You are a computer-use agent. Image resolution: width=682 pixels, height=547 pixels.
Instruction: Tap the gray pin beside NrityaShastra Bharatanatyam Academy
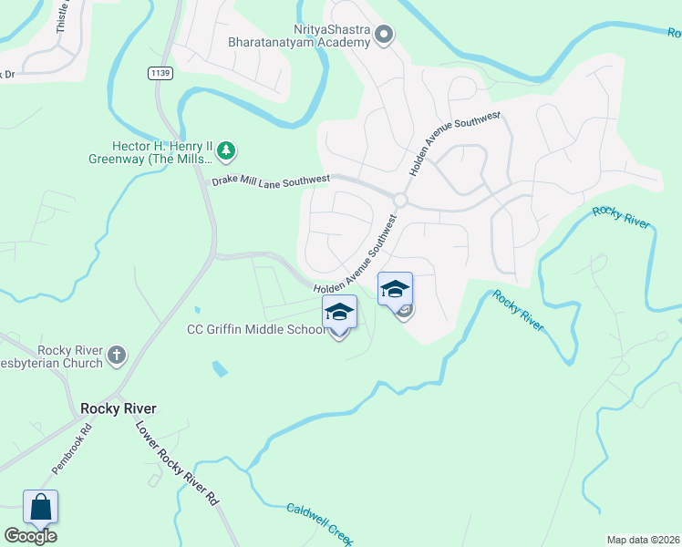tap(384, 36)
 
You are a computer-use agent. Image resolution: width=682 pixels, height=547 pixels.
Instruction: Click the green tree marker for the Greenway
tap(227, 149)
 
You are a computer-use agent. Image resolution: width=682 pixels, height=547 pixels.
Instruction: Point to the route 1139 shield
tap(161, 72)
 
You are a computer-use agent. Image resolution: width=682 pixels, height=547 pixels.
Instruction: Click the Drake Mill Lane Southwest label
tap(270, 181)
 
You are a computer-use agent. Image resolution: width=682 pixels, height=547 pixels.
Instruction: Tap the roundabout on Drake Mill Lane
tap(399, 200)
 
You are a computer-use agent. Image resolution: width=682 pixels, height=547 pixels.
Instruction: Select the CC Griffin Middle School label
tap(256, 329)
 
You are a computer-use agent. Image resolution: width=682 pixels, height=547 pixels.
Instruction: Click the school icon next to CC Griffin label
tap(339, 313)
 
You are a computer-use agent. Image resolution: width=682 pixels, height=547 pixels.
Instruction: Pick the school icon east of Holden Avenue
tap(395, 290)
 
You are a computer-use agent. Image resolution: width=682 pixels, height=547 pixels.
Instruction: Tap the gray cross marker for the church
tap(117, 355)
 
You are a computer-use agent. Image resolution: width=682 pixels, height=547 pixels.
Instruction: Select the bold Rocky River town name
tap(118, 408)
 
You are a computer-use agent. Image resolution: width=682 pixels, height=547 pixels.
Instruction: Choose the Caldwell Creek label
tap(318, 522)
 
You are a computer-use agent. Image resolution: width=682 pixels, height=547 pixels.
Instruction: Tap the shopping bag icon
tap(40, 507)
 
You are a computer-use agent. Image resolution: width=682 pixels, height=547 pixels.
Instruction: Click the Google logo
tap(30, 536)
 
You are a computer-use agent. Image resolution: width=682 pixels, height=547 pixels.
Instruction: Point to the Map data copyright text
tap(643, 539)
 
